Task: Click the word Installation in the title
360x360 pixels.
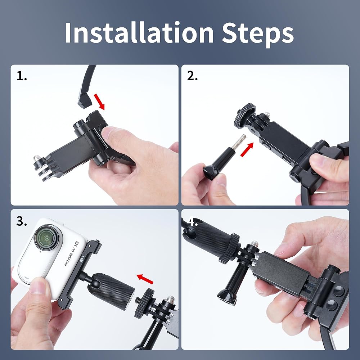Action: click(139, 32)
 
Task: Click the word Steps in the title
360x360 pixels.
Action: click(258, 35)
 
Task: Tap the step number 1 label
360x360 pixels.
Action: click(22, 76)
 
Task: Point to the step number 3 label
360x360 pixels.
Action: click(22, 221)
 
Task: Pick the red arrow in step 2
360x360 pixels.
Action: click(247, 149)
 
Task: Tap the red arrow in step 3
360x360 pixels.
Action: click(145, 279)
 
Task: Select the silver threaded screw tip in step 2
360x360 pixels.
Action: click(239, 142)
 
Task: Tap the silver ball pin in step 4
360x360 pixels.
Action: click(254, 244)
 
